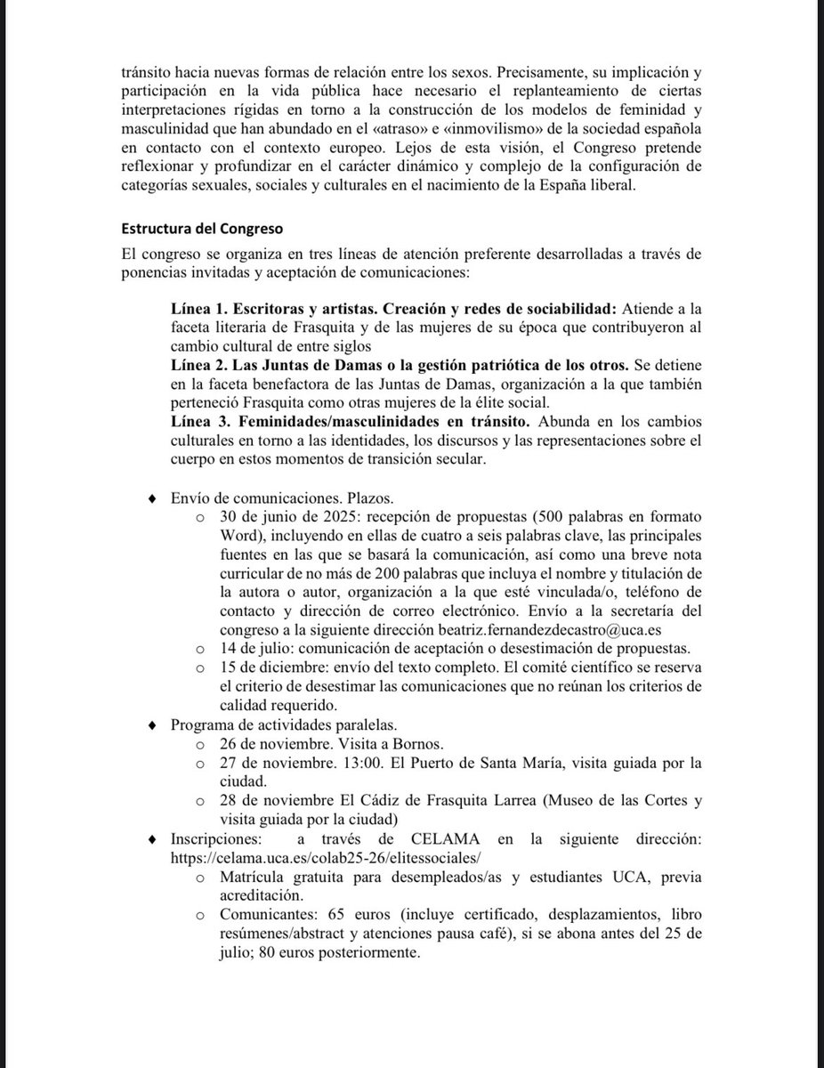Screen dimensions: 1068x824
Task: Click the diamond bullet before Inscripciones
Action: coord(155,839)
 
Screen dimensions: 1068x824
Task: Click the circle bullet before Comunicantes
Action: coord(201,916)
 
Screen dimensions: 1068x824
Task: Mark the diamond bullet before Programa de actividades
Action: coord(155,725)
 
